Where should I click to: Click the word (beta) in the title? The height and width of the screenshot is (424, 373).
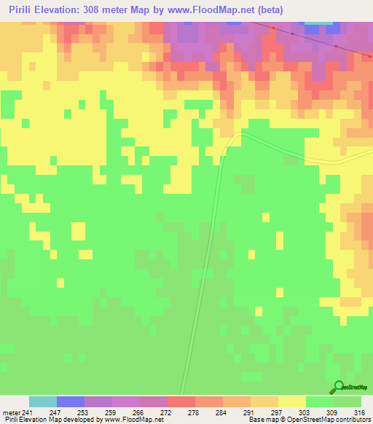click(268, 9)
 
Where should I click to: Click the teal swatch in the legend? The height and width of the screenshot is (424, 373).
click(43, 401)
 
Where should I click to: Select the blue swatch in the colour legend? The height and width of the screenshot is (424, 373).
click(71, 401)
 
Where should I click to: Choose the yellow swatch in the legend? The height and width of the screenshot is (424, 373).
click(292, 401)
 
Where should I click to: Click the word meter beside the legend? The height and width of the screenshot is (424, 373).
click(11, 412)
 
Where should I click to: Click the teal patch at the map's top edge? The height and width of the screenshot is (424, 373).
click(321, 25)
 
